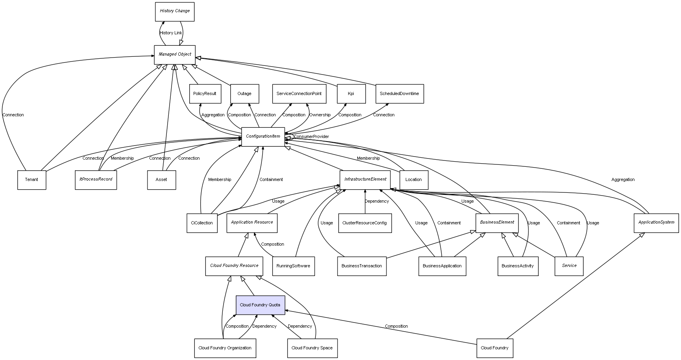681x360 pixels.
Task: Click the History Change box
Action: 175,11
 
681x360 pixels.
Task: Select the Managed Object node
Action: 175,54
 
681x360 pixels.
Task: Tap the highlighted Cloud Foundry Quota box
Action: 260,305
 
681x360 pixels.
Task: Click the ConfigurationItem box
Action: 263,136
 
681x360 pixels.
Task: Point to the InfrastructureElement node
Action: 365,179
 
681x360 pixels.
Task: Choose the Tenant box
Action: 32,180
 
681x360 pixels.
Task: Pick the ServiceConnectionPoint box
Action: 299,94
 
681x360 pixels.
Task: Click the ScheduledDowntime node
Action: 399,94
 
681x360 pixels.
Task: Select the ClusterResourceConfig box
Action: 365,223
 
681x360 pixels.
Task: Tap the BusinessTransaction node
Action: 362,266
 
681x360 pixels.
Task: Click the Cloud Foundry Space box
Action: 312,348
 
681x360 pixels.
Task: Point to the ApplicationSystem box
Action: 656,222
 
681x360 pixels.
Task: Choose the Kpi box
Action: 351,94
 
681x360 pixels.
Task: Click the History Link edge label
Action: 171,33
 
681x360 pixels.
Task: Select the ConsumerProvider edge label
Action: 311,137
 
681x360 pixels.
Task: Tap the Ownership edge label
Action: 320,115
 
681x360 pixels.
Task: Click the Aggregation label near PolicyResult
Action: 213,115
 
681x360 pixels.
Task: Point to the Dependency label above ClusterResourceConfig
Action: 377,201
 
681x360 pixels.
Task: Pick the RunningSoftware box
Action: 293,266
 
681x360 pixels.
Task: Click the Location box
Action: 413,180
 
